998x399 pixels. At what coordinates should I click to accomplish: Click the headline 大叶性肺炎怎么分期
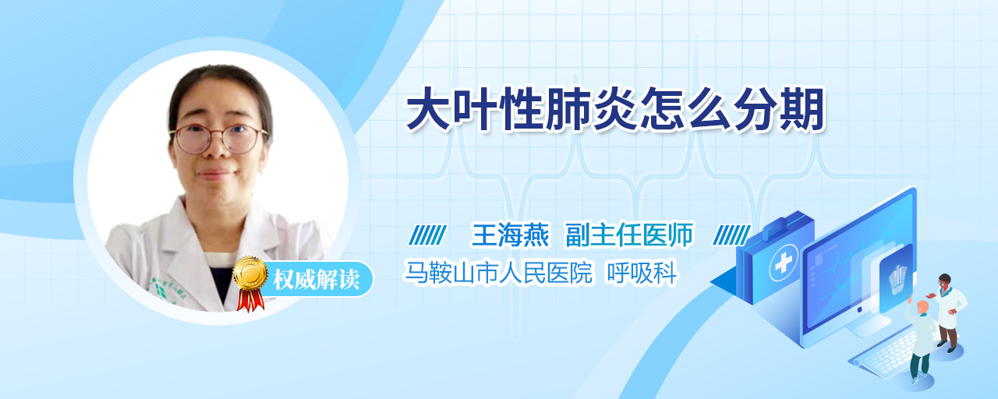pos(615,110)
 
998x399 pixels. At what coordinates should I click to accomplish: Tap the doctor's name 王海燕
pos(510,235)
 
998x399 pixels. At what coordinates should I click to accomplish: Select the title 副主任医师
pos(629,235)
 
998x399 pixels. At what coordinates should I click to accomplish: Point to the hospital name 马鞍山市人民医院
pos(498,272)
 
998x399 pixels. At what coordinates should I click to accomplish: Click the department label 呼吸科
pos(642,272)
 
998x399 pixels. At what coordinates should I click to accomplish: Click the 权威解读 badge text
pos(316,279)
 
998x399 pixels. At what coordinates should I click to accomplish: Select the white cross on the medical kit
pos(783,263)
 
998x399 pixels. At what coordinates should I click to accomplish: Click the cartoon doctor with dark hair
pos(947,312)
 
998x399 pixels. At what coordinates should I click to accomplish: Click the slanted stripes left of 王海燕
pos(427,235)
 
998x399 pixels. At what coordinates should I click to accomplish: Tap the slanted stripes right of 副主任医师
pos(731,235)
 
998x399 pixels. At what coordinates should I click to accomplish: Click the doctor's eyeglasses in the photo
pos(219,138)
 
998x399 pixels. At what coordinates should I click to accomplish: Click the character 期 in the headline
pos(802,110)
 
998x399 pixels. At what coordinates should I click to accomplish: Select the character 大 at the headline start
pos(426,110)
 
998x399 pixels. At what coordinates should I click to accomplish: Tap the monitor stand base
pos(868,329)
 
